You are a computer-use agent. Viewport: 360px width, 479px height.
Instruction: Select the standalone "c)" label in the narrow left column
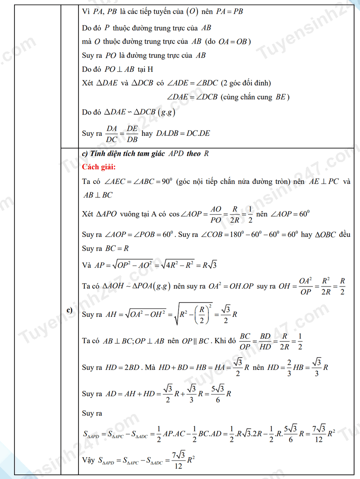point(70,310)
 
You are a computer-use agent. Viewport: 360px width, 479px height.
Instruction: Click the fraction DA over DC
point(112,134)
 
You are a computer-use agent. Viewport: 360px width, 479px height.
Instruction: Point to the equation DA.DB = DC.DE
point(183,134)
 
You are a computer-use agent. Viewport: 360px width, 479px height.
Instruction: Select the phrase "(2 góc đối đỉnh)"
point(246,83)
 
